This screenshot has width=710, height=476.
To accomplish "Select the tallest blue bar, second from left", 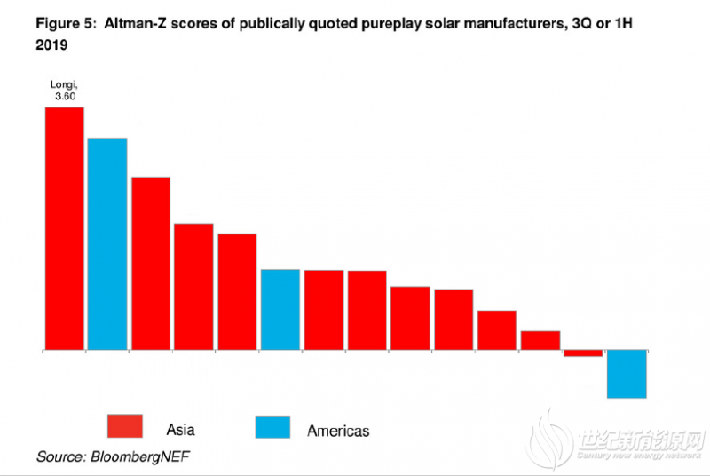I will [x=107, y=244].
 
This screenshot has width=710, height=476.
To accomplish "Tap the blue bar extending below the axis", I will [x=627, y=374].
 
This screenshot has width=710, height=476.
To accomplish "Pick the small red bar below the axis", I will [x=583, y=353].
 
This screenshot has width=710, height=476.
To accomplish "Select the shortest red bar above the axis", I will [x=540, y=340].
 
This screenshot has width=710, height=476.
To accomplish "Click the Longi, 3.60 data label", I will [x=65, y=91].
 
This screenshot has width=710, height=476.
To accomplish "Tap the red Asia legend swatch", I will [x=130, y=426].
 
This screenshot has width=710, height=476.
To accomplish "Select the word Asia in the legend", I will [x=180, y=430].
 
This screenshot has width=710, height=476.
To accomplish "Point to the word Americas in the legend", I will [x=337, y=431].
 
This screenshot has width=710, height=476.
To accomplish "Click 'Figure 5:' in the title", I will [x=65, y=24].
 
